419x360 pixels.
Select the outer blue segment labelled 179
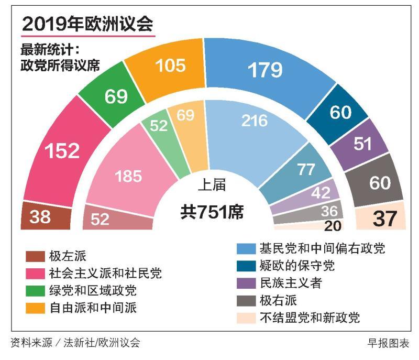[x=265, y=69]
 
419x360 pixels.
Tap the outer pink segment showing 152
[x=61, y=150]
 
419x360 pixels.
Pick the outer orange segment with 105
[x=171, y=65]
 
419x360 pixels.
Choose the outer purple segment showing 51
[x=362, y=144]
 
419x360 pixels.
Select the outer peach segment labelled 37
[x=385, y=216]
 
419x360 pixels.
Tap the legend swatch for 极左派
[x=35, y=257]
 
